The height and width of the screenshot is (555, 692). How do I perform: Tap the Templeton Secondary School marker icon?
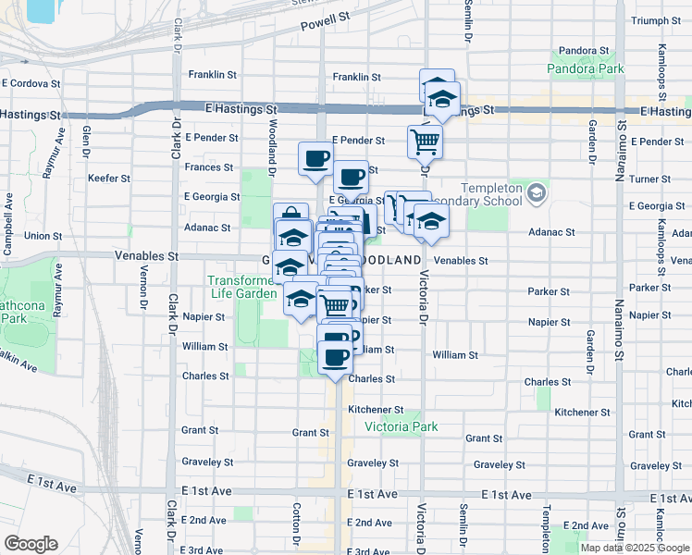pyautogui.click(x=538, y=193)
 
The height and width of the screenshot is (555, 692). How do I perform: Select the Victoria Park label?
pyautogui.click(x=401, y=426)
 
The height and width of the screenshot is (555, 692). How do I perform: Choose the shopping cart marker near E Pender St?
pyautogui.click(x=425, y=142)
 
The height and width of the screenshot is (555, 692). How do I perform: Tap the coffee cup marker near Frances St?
pyautogui.click(x=315, y=157)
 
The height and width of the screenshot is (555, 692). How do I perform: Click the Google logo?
pyautogui.click(x=31, y=543)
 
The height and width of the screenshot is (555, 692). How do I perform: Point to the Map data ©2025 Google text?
pyautogui.click(x=635, y=548)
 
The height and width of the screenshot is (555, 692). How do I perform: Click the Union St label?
pyautogui.click(x=43, y=236)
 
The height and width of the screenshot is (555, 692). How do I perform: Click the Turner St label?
pyautogui.click(x=650, y=179)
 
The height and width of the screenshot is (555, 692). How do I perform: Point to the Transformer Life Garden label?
pyautogui.click(x=242, y=287)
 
